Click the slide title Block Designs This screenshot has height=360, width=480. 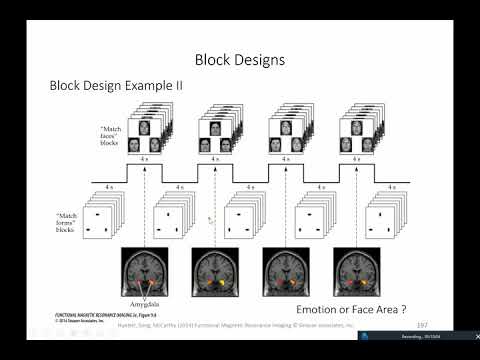point(239,60)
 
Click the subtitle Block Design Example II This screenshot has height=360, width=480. point(116,86)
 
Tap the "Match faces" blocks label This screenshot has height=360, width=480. point(110,136)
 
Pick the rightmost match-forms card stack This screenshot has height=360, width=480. point(386,217)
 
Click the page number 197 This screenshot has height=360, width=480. point(422,324)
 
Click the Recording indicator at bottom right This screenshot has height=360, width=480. point(410,336)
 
